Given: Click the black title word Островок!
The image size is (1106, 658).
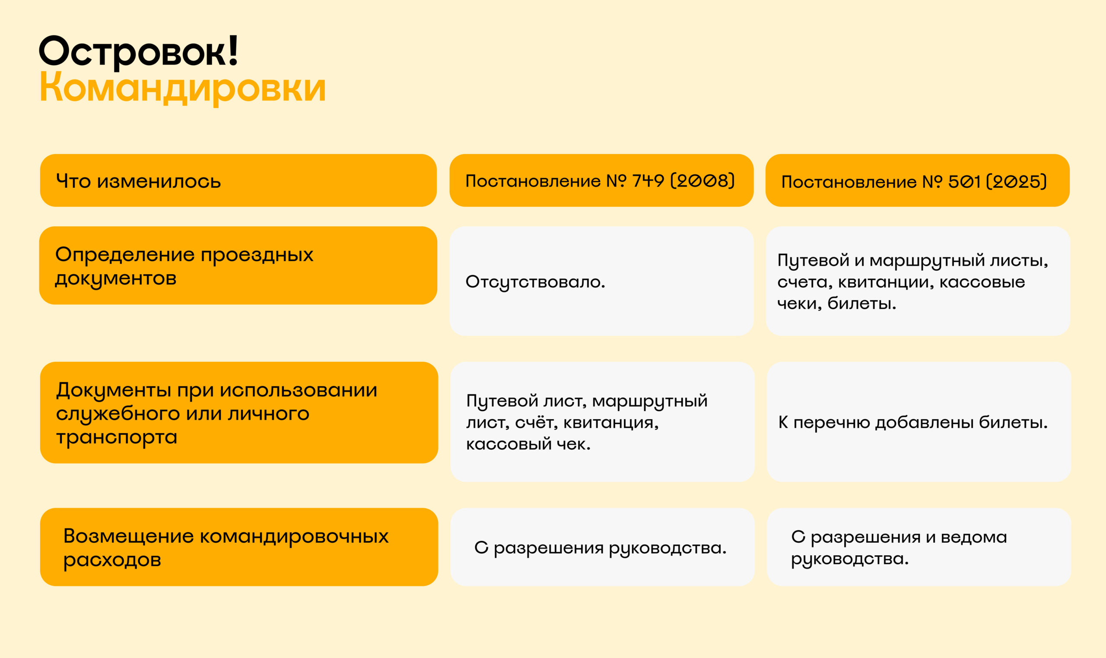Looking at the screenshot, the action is [x=139, y=52].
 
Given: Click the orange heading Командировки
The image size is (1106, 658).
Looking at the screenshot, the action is [x=183, y=88].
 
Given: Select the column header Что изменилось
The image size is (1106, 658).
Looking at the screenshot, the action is [x=138, y=181].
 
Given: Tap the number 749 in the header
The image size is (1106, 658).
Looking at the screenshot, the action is [x=648, y=180].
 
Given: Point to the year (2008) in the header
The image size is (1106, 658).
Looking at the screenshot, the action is [x=702, y=180].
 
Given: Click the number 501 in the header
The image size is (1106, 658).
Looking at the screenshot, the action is [x=964, y=181].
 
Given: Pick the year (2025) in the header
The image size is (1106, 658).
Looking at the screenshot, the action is [x=1017, y=181].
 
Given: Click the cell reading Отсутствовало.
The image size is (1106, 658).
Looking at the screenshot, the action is [x=535, y=282].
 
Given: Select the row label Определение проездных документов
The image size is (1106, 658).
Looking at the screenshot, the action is [x=184, y=266].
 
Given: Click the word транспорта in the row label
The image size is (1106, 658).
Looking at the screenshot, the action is [x=117, y=437].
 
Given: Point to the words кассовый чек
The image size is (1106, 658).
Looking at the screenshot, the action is [x=528, y=444].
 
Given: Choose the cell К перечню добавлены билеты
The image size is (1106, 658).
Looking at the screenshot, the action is [x=913, y=422].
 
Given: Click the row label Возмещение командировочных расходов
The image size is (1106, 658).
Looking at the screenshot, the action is [x=226, y=547].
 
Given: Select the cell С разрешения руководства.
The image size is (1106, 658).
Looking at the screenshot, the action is [x=600, y=548].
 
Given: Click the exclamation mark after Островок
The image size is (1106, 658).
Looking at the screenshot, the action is [x=233, y=50].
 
